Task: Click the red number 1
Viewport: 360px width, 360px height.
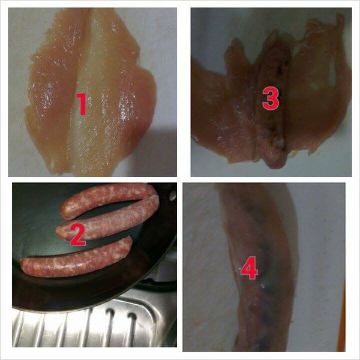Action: click(82, 104)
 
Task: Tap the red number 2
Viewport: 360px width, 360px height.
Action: click(78, 235)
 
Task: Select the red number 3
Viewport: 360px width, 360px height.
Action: click(271, 98)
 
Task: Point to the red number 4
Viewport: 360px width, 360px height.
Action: click(249, 268)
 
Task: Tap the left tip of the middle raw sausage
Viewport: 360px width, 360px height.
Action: click(58, 230)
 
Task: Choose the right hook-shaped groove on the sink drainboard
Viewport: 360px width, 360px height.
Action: click(133, 324)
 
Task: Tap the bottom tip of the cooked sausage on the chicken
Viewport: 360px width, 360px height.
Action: click(275, 166)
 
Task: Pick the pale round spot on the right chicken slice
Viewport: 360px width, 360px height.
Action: click(314, 85)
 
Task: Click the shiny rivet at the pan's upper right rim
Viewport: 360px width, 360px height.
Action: click(172, 195)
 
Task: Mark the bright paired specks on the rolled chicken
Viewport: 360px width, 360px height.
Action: click(262, 286)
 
